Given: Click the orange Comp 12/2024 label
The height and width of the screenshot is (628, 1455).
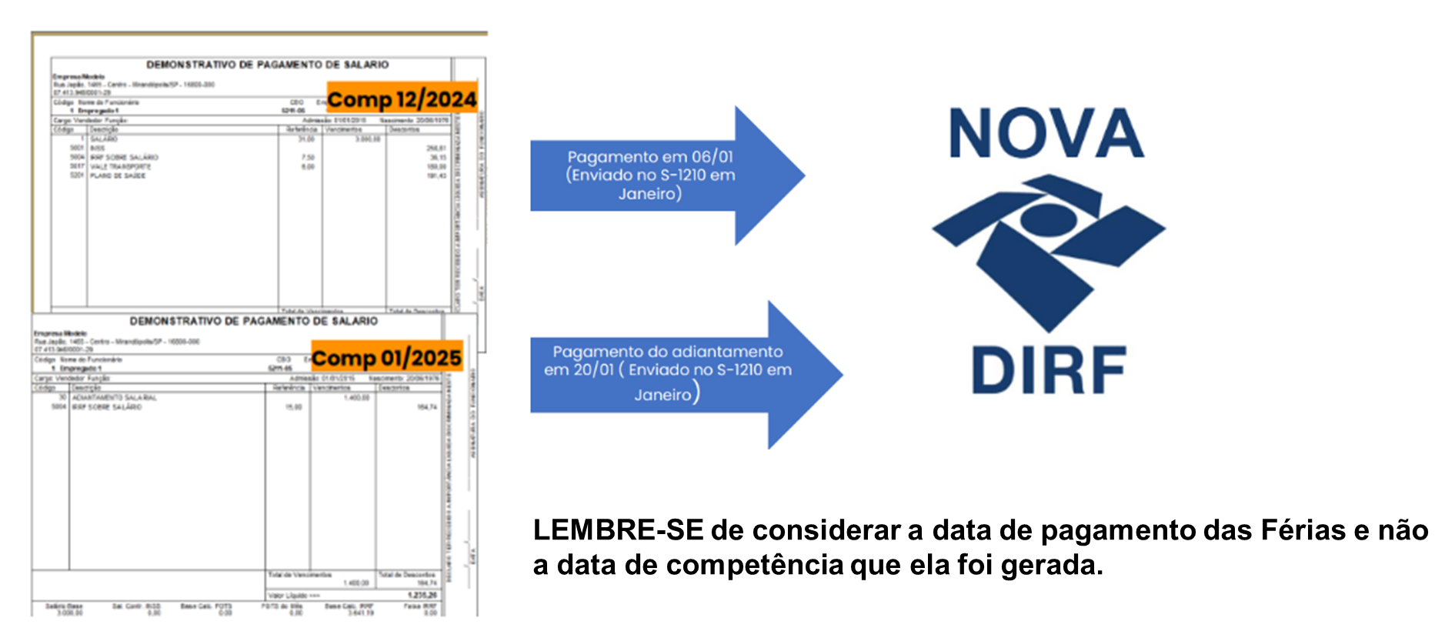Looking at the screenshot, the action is click(x=402, y=99).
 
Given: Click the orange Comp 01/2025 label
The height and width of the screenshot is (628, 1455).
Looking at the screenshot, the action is click(x=386, y=358).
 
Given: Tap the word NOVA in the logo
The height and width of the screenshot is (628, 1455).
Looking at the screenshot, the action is click(x=1046, y=133).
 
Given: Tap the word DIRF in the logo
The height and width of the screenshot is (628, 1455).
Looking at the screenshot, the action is click(x=1049, y=370).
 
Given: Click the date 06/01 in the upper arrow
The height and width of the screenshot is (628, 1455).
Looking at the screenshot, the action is click(x=712, y=157).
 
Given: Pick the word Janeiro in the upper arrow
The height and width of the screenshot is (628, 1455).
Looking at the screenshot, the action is click(x=649, y=194).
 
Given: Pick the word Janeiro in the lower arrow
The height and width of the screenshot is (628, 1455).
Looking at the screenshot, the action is click(x=663, y=395).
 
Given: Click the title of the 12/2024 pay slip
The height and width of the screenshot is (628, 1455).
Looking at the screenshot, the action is click(x=267, y=65).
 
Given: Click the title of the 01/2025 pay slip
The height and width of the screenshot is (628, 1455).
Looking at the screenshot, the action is click(x=253, y=321).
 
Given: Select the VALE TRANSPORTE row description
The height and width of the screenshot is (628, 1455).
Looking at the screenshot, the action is click(x=120, y=166).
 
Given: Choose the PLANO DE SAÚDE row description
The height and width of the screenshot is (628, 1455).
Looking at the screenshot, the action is click(x=117, y=175).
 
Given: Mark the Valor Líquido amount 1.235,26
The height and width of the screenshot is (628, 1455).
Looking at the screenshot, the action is click(x=422, y=595).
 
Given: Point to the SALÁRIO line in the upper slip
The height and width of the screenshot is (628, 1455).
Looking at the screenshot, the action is click(x=104, y=139).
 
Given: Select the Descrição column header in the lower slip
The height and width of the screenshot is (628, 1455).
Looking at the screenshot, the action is click(x=87, y=388).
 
